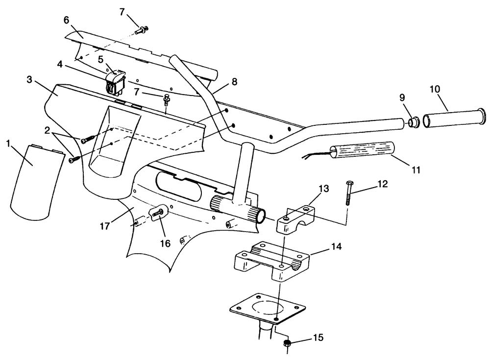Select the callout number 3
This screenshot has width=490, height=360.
click(x=29, y=80)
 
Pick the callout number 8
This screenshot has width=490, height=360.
click(x=234, y=82)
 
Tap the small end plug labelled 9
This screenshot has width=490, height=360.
click(x=414, y=122)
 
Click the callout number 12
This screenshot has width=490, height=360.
click(x=383, y=184)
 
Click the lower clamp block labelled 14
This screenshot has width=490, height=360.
click(x=271, y=260)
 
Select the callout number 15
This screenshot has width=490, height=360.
click(x=318, y=338)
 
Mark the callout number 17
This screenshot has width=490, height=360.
click(x=105, y=226)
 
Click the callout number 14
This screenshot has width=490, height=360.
click(x=336, y=246)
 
